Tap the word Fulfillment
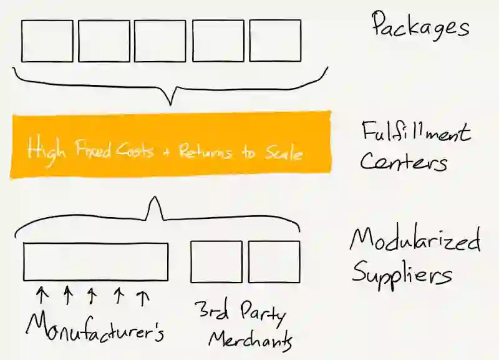coord(415,133)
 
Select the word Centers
coord(403,163)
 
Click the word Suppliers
coord(402,273)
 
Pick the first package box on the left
coord(47,41)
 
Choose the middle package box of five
coord(160,41)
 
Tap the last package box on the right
coord(275,41)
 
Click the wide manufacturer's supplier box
coord(95,261)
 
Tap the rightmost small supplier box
coord(274,261)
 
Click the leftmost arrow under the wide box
coord(41,294)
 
